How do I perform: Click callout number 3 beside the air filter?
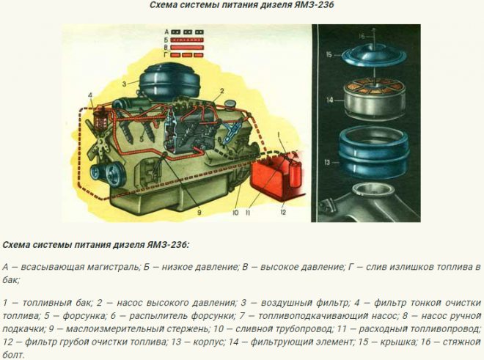point(124,84)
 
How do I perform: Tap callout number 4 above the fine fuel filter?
point(90,95)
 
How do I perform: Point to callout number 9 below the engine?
point(199,213)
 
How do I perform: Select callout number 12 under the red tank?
point(283,213)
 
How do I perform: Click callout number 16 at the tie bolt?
point(362,36)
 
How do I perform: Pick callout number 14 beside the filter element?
point(330,100)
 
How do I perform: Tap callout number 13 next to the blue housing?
point(327,162)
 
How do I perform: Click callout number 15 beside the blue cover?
point(329,55)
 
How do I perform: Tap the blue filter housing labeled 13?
point(375,154)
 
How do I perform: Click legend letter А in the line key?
point(166,32)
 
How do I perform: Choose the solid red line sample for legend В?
point(187,48)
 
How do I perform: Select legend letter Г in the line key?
point(166,55)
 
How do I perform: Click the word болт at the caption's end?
point(13,355)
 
